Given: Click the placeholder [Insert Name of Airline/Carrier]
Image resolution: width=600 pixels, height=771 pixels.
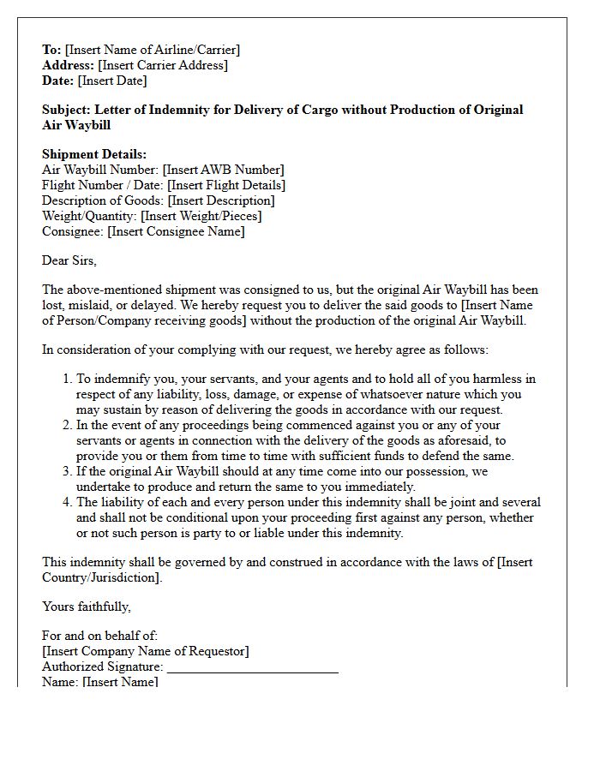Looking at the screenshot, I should (x=153, y=50).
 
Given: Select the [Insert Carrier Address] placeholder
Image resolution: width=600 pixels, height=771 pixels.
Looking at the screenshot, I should (x=163, y=65).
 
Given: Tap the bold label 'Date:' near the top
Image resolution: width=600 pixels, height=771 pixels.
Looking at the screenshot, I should (x=58, y=81).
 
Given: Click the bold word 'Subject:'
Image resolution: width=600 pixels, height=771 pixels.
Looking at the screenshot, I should (x=67, y=110).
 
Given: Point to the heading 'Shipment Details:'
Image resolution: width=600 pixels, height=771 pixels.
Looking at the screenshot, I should (x=94, y=154).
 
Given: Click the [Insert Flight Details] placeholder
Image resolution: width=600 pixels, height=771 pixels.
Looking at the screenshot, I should (x=226, y=185).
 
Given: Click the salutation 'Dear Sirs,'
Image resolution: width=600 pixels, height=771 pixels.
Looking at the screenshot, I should (x=69, y=260).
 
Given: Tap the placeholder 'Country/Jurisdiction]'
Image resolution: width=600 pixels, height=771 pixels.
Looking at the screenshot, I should (x=101, y=577).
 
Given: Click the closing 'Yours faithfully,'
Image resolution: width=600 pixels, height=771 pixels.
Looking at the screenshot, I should (x=87, y=607).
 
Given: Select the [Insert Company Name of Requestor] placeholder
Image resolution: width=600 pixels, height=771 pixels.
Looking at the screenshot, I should (x=146, y=651).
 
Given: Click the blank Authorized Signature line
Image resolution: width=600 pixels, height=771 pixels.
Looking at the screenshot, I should (x=252, y=668).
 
